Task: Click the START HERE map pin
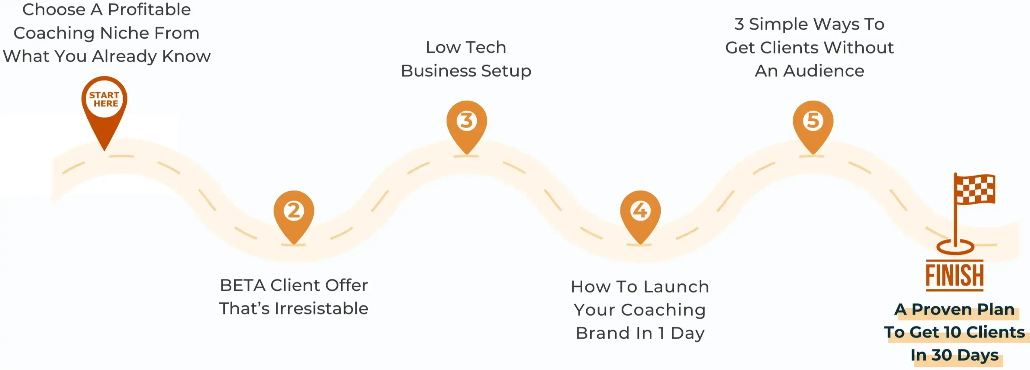104,100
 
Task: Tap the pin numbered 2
294,211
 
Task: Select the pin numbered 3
467,121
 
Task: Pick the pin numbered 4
640,211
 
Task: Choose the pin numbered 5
813,121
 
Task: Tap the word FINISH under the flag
954,276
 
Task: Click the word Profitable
149,10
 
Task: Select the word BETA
243,286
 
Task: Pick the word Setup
506,71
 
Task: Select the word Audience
824,71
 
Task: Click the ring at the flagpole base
955,247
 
